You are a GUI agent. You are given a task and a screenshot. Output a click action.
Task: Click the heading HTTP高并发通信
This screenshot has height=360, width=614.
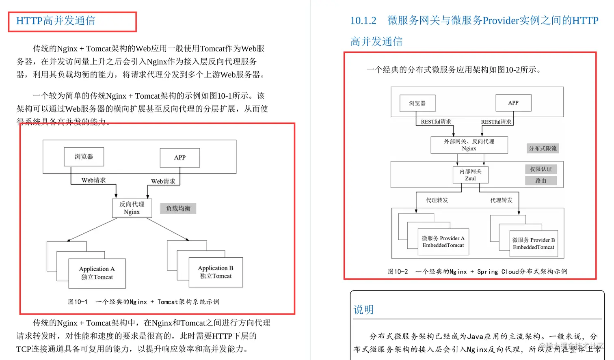pyautogui.click(x=56, y=21)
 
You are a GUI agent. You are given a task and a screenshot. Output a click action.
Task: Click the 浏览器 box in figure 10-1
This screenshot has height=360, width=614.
pyautogui.click(x=84, y=157)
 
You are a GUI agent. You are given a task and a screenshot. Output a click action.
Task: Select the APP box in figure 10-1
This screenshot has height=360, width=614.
pyautogui.click(x=179, y=157)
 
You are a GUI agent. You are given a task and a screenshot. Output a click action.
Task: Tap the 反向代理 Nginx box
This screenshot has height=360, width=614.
pyautogui.click(x=132, y=208)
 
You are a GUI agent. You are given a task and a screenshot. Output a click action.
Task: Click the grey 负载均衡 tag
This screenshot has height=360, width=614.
pyautogui.click(x=178, y=208)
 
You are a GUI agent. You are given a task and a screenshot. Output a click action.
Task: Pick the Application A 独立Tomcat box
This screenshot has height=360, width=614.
pyautogui.click(x=97, y=273)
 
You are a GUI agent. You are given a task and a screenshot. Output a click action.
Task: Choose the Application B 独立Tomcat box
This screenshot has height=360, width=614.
pyautogui.click(x=216, y=272)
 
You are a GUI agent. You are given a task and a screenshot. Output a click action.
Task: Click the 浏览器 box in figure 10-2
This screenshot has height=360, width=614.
pyautogui.click(x=417, y=103)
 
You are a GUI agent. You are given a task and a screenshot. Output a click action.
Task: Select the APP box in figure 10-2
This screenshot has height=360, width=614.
pyautogui.click(x=513, y=103)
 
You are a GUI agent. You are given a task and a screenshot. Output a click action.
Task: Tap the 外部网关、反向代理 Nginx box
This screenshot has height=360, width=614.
pyautogui.click(x=469, y=145)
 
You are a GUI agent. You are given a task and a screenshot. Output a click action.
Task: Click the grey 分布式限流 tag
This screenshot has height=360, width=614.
pyautogui.click(x=543, y=148)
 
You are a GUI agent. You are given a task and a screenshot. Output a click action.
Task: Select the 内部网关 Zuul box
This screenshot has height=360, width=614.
pyautogui.click(x=470, y=175)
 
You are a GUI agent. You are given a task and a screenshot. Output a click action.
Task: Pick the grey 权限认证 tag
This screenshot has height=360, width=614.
pyautogui.click(x=540, y=169)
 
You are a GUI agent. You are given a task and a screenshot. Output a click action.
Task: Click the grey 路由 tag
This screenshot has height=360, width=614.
pyautogui.click(x=540, y=181)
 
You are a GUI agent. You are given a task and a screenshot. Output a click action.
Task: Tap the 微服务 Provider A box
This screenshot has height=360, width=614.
pyautogui.click(x=443, y=242)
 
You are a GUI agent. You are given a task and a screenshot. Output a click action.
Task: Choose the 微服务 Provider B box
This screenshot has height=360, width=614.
pyautogui.click(x=534, y=244)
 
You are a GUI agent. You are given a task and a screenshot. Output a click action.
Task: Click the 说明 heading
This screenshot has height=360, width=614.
pyautogui.click(x=363, y=310)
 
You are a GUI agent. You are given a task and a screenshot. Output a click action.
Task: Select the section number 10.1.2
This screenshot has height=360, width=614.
pyautogui.click(x=363, y=21)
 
